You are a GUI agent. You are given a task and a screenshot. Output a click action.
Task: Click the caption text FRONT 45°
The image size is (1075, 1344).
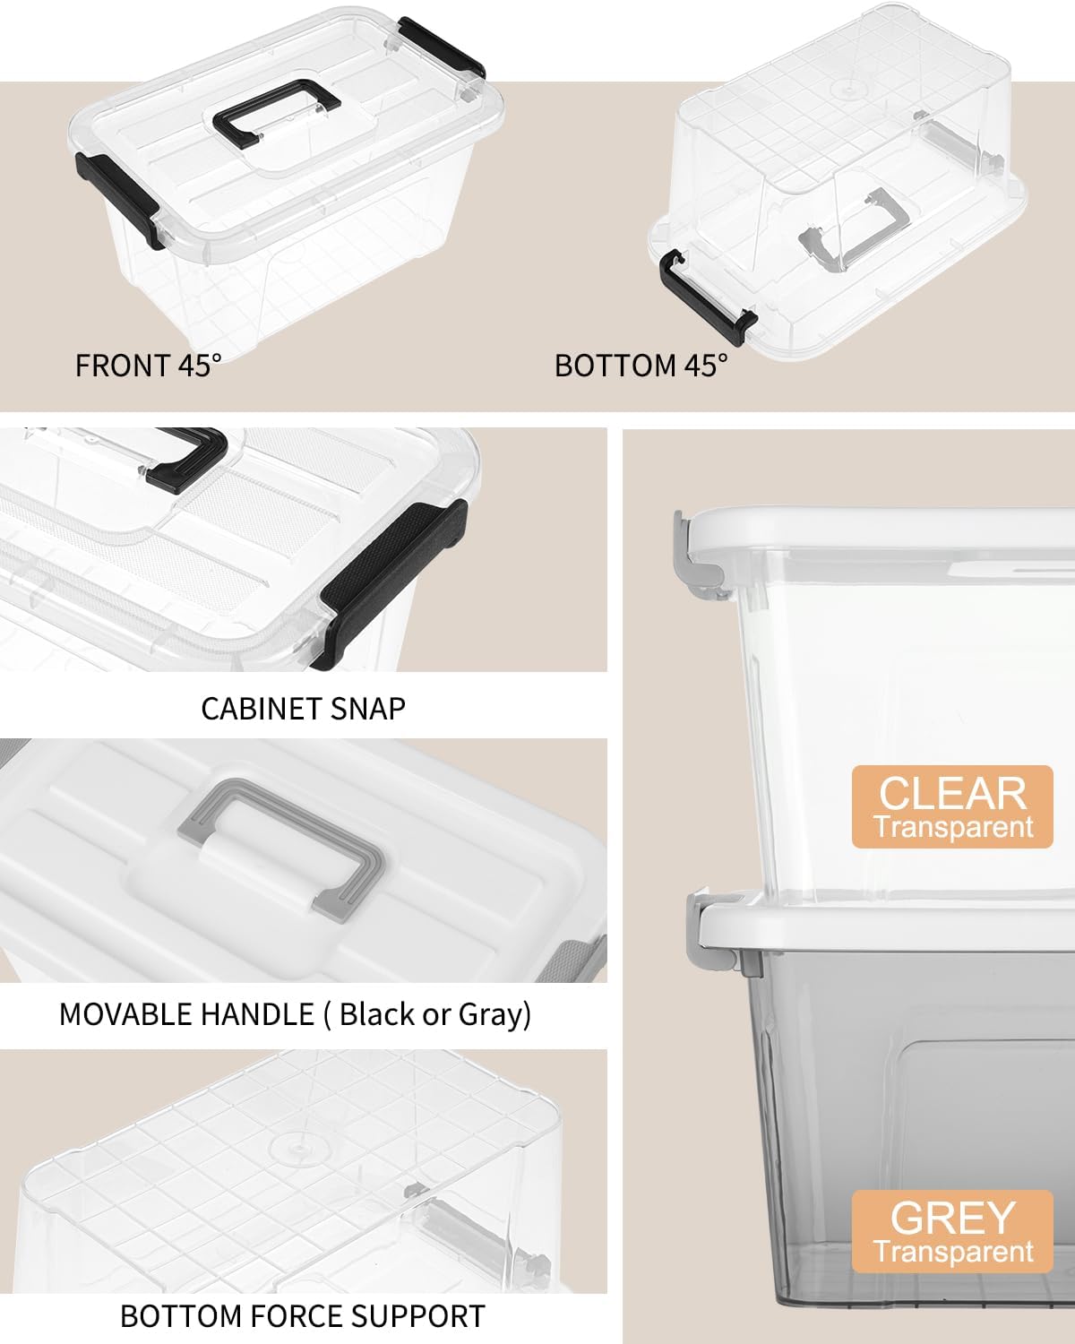tap(148, 366)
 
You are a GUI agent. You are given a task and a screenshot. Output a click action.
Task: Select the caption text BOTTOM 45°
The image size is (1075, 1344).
tap(641, 366)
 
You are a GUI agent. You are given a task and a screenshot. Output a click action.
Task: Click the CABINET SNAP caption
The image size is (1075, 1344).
tap(303, 709)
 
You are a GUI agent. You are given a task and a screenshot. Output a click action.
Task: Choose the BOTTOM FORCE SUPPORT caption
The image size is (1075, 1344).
tap(303, 1316)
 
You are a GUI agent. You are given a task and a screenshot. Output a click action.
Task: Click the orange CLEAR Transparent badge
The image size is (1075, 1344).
tap(952, 806)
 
